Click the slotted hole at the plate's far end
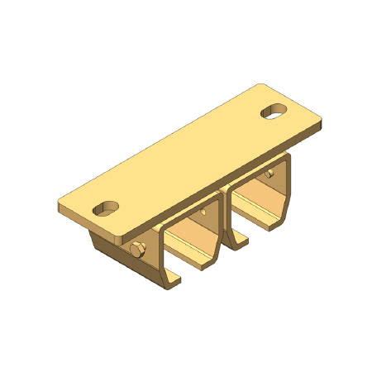tap(273, 110)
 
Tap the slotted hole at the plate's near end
tap(105, 206)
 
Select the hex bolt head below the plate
tap(136, 250)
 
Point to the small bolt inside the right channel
tap(271, 174)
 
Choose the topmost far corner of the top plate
tap(259, 84)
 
